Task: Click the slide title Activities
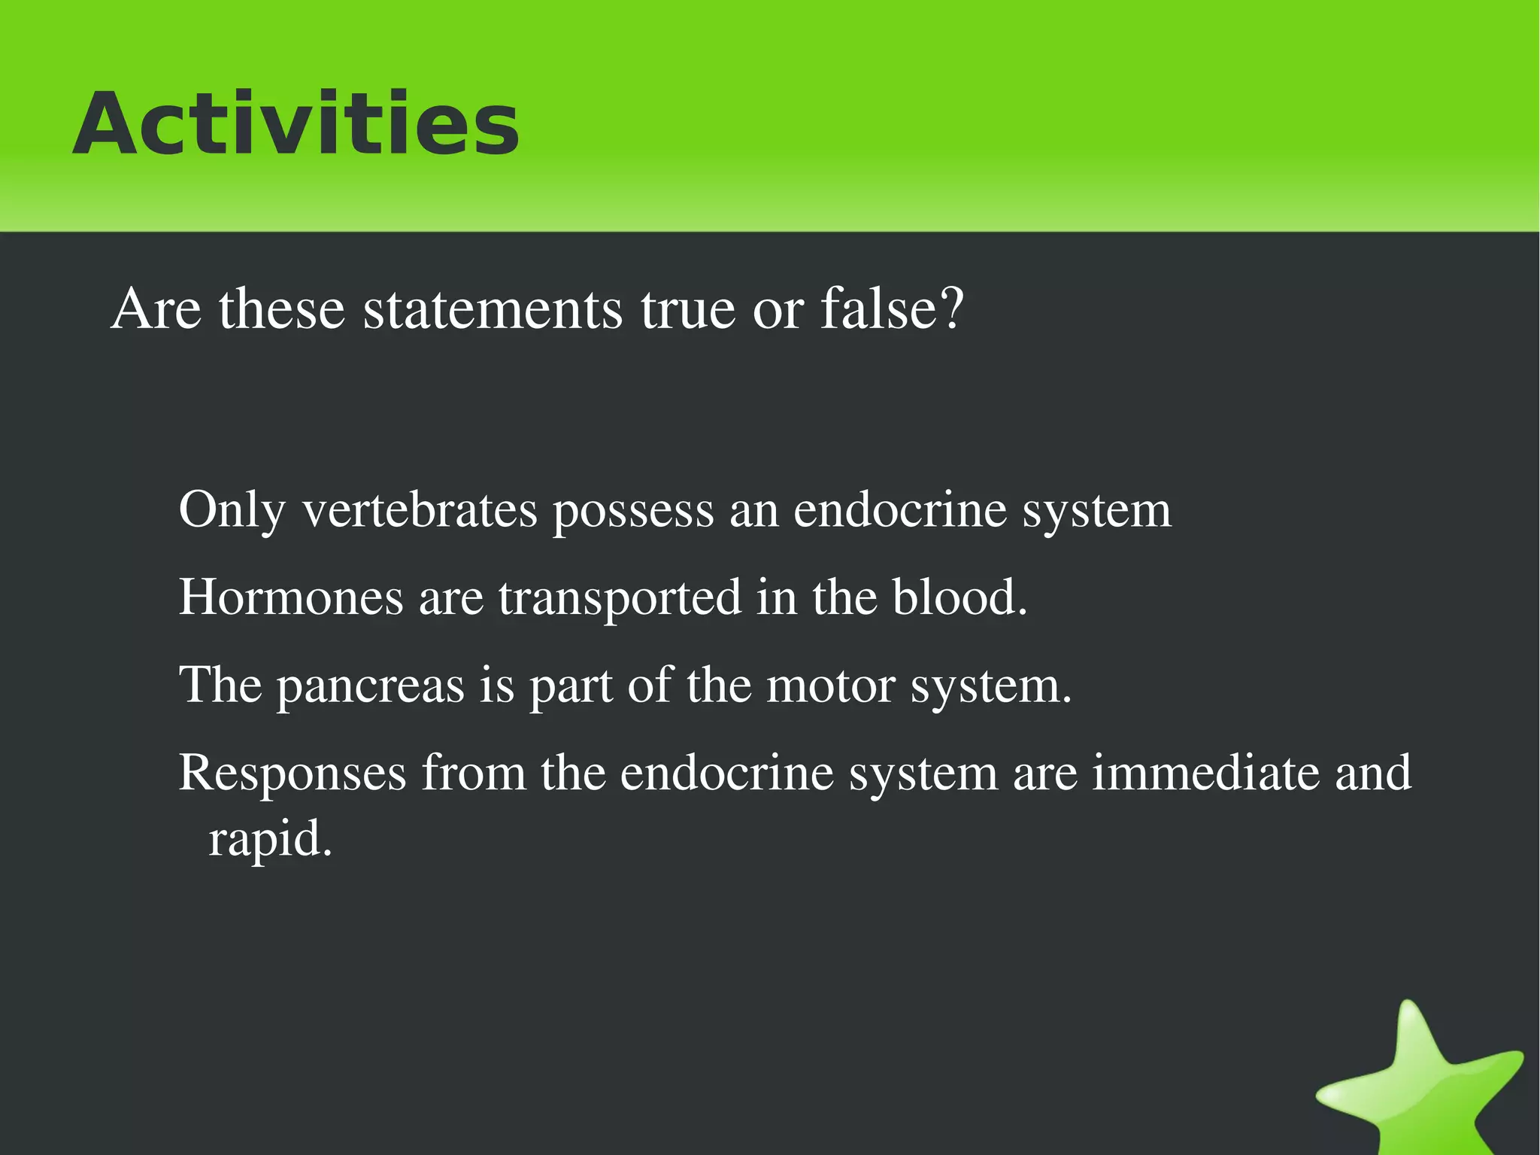[x=296, y=124]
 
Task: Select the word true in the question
[x=687, y=309]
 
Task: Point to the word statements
[x=493, y=309]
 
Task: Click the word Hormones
[x=291, y=597]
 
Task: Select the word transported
[x=620, y=599]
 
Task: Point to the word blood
[x=959, y=597]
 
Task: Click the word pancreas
[x=371, y=686]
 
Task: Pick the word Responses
[x=292, y=774]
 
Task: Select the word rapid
[x=269, y=840]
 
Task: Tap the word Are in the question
[x=156, y=309]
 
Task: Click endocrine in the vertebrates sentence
[x=899, y=510]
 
